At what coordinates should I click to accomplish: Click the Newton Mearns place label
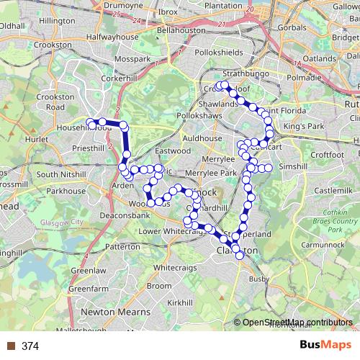116,312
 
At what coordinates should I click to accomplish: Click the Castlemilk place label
332,190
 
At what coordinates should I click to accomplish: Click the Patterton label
122,246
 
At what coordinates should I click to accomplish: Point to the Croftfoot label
327,154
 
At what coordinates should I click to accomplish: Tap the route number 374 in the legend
30,346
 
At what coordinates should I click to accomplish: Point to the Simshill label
293,166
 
